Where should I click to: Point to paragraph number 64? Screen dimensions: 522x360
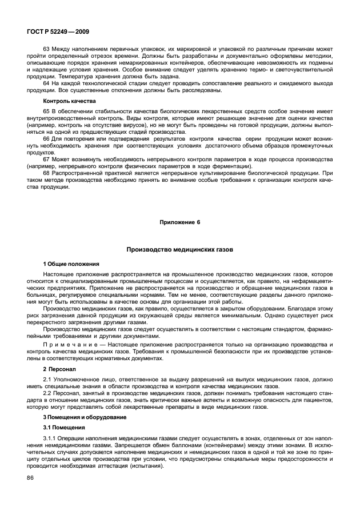pos(47,83)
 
